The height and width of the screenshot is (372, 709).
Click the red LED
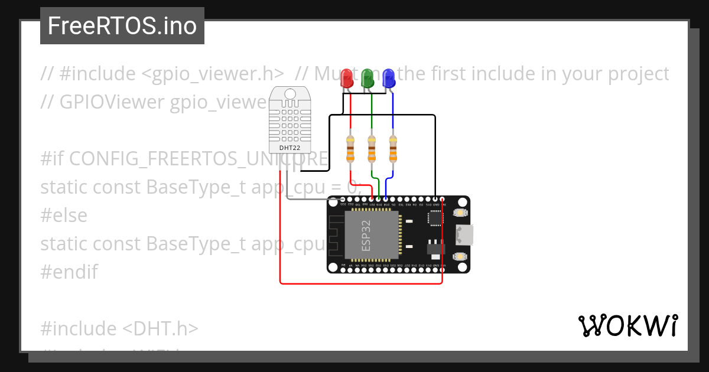coord(348,79)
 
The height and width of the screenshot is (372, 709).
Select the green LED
coord(367,78)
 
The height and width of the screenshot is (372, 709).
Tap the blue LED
coord(388,78)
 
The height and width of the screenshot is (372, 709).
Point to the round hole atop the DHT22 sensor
coord(290,94)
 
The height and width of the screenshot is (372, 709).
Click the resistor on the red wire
coord(351,149)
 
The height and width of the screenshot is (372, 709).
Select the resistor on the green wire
coord(372,149)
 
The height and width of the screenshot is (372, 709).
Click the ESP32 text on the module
coord(366,235)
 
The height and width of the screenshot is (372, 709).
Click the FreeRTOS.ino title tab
coord(122,26)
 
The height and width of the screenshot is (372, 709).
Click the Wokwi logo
coord(627,326)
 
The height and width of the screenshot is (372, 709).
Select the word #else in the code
coord(64,216)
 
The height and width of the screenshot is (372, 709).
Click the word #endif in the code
coord(69,272)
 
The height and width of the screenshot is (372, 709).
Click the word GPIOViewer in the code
coord(112,102)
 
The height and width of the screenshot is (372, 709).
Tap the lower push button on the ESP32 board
coord(459,257)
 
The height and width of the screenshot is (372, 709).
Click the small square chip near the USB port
coord(435,218)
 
